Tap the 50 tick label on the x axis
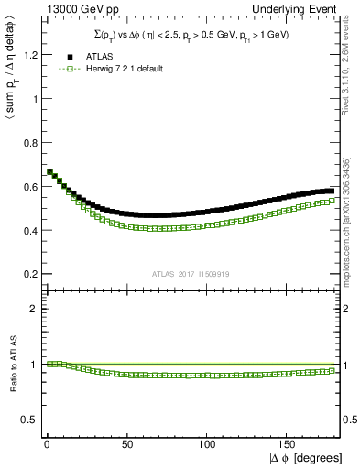click(125, 443)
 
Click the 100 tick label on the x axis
click(206, 443)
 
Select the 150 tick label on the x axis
click(287, 443)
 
